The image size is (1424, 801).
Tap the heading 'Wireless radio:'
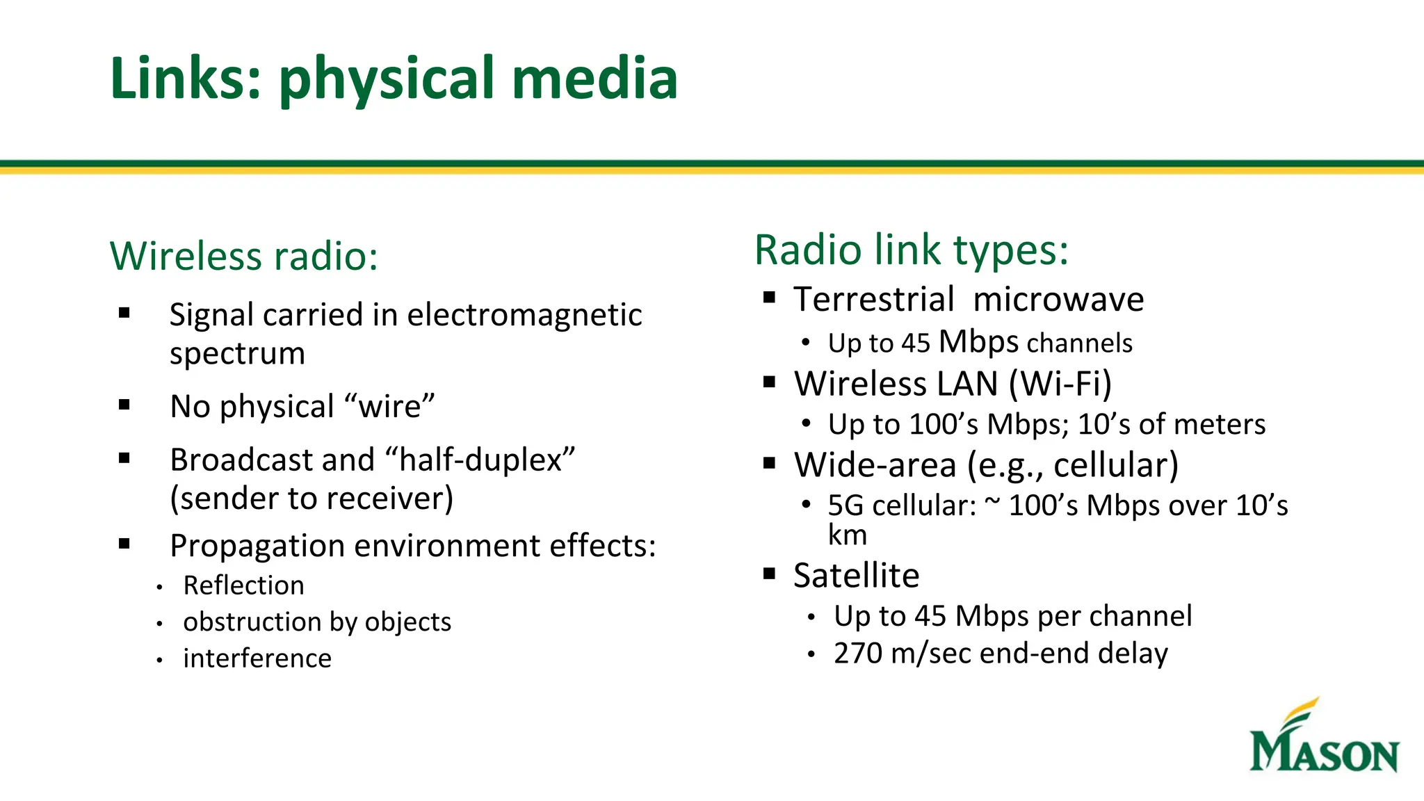(x=244, y=256)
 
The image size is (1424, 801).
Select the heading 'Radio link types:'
(x=911, y=250)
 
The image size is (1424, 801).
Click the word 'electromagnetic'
(x=524, y=315)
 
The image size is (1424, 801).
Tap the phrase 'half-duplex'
(x=480, y=460)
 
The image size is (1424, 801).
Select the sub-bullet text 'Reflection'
(x=243, y=585)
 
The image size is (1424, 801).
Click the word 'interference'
(x=257, y=658)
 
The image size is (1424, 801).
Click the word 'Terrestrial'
(x=874, y=300)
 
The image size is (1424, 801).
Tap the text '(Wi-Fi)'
(x=1060, y=384)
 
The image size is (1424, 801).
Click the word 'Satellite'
(x=856, y=576)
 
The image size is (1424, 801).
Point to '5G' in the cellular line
(x=845, y=506)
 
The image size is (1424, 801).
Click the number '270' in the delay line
(x=857, y=654)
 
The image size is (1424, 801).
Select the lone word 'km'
(x=847, y=535)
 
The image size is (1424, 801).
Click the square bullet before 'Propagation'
(x=124, y=544)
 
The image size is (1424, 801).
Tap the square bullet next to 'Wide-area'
(x=769, y=463)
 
